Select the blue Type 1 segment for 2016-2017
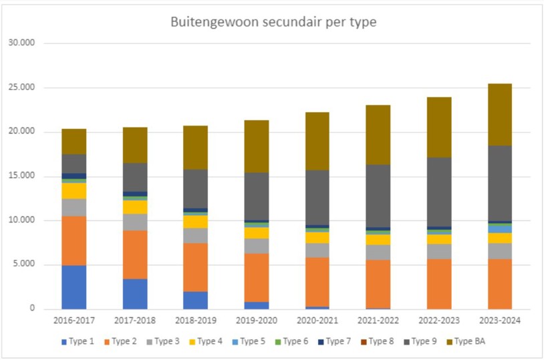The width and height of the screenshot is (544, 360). point(74,287)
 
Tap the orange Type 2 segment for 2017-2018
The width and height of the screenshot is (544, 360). point(135,254)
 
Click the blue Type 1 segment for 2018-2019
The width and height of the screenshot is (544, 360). point(196,300)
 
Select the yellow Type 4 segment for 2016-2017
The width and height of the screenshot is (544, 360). point(74,191)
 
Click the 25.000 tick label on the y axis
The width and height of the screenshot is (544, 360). point(25,87)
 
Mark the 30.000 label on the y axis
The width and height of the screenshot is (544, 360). point(25,43)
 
